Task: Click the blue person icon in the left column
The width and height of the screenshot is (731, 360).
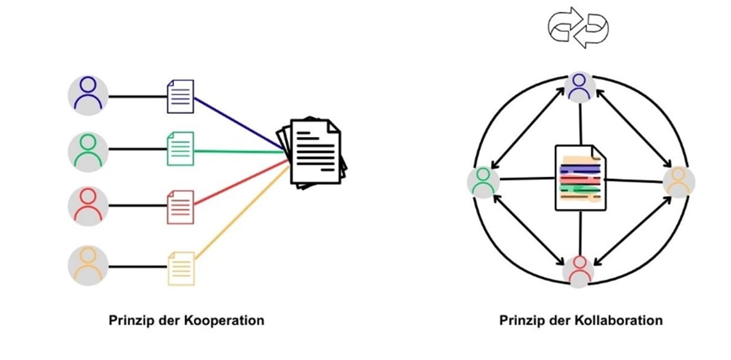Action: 87,94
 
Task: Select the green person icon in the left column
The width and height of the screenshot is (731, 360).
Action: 87,150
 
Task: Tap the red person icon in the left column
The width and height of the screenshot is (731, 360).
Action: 87,204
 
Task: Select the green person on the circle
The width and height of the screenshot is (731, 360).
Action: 483,182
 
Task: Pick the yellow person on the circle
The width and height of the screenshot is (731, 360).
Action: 678,182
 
